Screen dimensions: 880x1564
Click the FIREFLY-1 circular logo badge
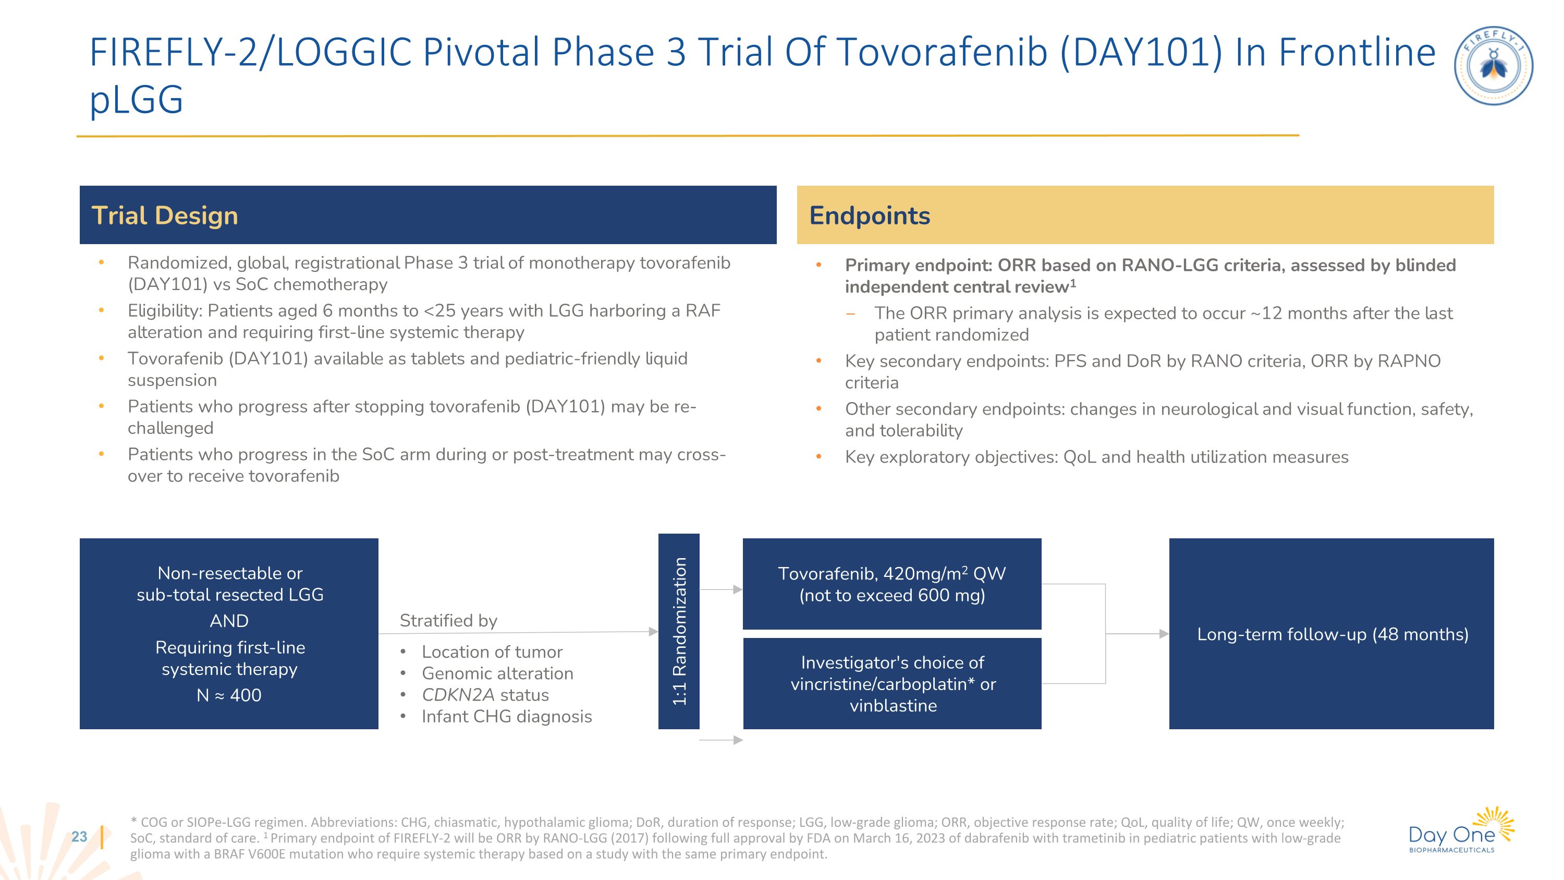1493,66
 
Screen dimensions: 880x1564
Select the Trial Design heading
165,215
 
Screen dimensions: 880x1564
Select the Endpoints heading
869,215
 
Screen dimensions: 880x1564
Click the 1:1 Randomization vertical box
678,631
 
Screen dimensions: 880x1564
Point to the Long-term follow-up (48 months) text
1332,634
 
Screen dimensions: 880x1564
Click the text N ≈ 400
229,695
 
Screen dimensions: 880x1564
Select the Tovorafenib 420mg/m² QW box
891,584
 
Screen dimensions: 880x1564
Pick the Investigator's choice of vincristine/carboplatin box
892,683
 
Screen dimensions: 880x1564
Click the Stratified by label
448,620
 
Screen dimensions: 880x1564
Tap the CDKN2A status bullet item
485,695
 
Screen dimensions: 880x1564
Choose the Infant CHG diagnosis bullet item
506,717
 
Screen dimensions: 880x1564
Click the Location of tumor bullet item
492,652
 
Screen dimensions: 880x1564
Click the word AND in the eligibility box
229,621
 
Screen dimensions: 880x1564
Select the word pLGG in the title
136,99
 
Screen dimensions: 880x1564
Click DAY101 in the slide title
1141,52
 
